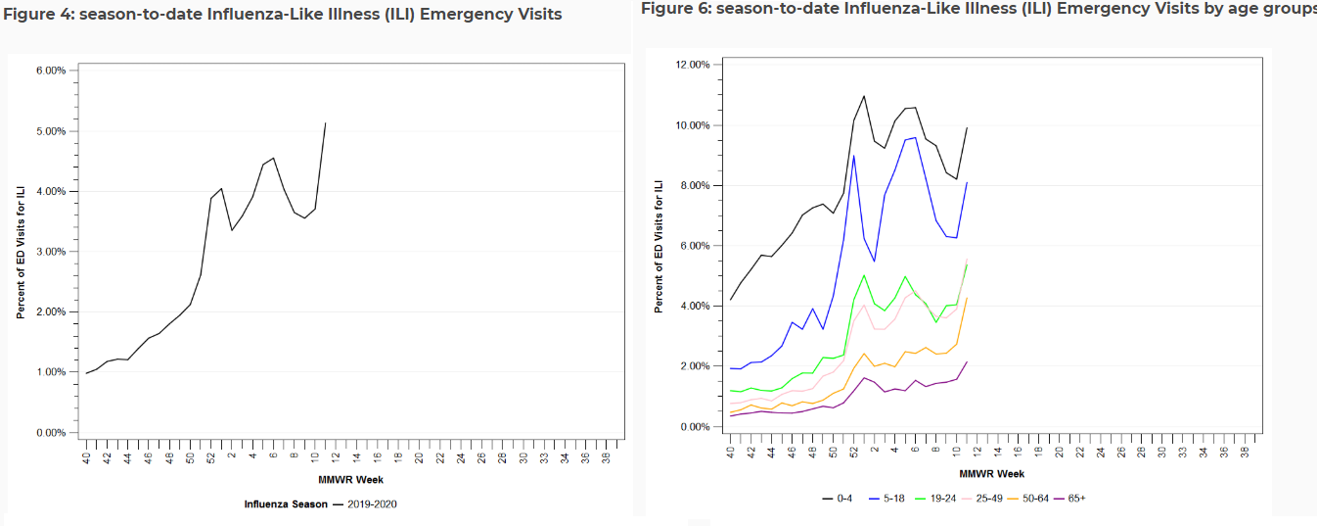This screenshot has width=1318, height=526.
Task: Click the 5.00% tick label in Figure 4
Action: click(51, 131)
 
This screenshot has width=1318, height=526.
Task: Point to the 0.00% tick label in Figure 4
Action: click(51, 433)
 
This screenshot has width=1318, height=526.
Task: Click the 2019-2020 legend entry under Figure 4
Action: click(365, 504)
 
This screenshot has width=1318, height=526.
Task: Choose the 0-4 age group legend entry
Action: click(838, 499)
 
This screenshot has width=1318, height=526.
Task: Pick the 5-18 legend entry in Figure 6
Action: click(886, 499)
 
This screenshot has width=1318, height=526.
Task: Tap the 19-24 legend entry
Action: click(935, 499)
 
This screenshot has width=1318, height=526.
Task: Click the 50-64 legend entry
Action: click(1028, 499)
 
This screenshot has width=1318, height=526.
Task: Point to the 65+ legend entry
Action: click(1069, 499)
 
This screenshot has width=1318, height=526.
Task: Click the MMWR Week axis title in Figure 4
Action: click(350, 480)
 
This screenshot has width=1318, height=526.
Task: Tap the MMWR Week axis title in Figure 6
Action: click(992, 474)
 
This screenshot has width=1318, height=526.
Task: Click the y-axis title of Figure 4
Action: click(21, 253)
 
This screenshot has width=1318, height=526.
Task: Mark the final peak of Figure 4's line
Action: click(326, 123)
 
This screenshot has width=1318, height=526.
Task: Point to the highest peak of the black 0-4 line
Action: click(864, 96)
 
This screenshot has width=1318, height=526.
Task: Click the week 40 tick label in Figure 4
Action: click(86, 457)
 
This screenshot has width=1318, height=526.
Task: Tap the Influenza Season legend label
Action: click(286, 504)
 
